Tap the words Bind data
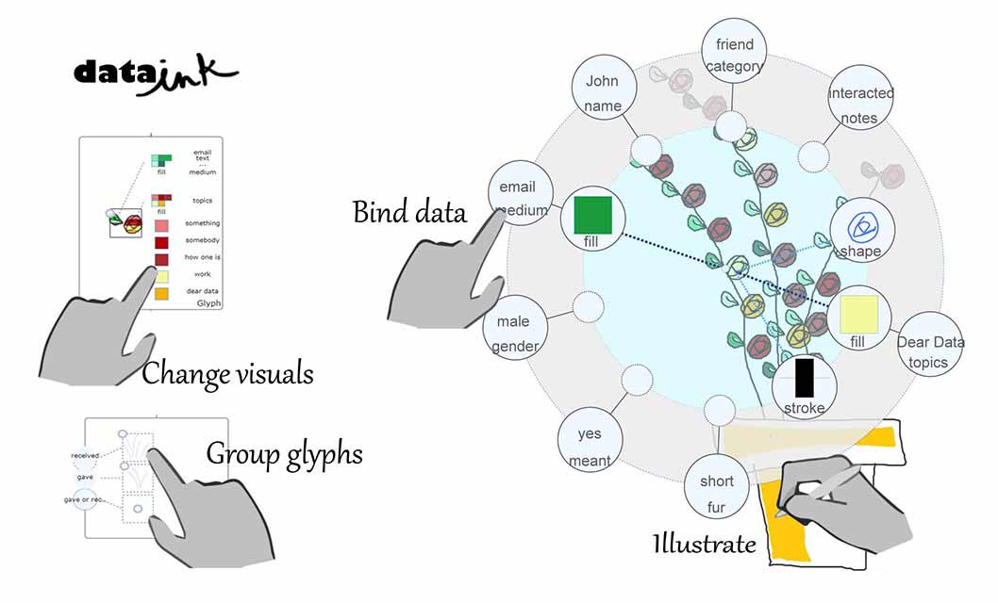pyautogui.click(x=409, y=212)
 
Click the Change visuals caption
pyautogui.click(x=227, y=374)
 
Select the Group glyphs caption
pyautogui.click(x=284, y=454)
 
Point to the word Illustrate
pyautogui.click(x=704, y=544)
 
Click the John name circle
pyautogui.click(x=603, y=93)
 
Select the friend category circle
pyautogui.click(x=735, y=55)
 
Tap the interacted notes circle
pyautogui.click(x=860, y=105)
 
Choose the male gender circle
pyautogui.click(x=516, y=334)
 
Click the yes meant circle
pyautogui.click(x=590, y=447)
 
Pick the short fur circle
pyautogui.click(x=716, y=494)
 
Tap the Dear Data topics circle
pyautogui.click(x=930, y=351)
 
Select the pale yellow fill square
pyautogui.click(x=859, y=314)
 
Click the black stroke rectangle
pyautogui.click(x=804, y=378)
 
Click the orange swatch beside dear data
pyautogui.click(x=161, y=294)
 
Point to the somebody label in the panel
pyautogui.click(x=203, y=240)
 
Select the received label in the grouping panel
pyautogui.click(x=85, y=456)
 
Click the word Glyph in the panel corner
pyautogui.click(x=208, y=303)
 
